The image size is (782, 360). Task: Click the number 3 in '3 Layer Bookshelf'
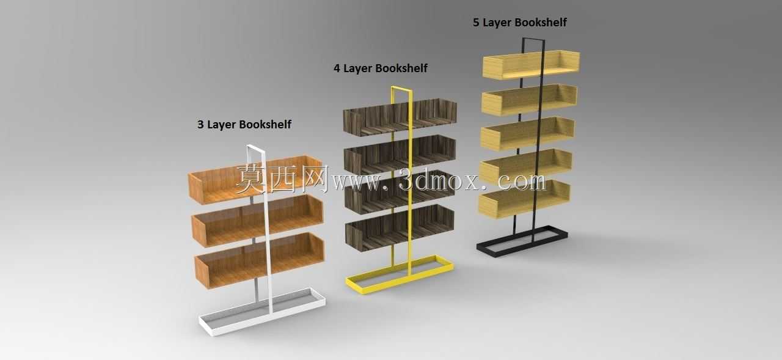(x=200, y=124)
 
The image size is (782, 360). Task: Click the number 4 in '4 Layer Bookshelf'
(x=337, y=68)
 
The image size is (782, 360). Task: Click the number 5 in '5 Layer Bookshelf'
(x=476, y=23)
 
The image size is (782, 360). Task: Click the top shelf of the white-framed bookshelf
(x=255, y=180)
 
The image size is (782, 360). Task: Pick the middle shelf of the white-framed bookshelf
(x=258, y=220)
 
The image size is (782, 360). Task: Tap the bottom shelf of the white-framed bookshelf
(x=260, y=260)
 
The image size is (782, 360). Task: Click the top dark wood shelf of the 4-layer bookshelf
(x=400, y=117)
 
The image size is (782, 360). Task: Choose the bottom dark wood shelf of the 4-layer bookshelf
(x=400, y=227)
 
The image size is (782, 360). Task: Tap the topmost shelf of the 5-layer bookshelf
(x=531, y=65)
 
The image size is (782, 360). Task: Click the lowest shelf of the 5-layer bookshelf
(x=524, y=199)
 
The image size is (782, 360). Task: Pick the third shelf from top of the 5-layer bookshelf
(x=527, y=133)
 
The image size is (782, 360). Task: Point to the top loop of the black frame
(x=533, y=40)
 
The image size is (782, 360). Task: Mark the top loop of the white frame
(x=256, y=148)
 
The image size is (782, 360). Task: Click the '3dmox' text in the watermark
(x=438, y=180)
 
